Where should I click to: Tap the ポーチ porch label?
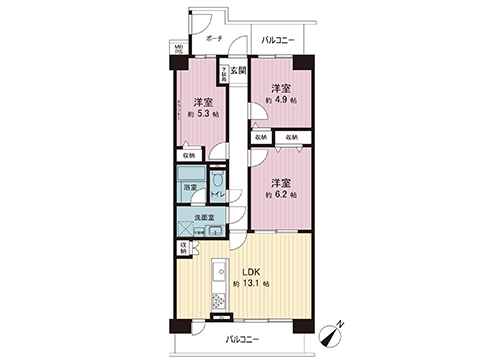[x=213, y=38]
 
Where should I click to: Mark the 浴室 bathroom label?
[x=189, y=187]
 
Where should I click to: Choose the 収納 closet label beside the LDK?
[x=183, y=249]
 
